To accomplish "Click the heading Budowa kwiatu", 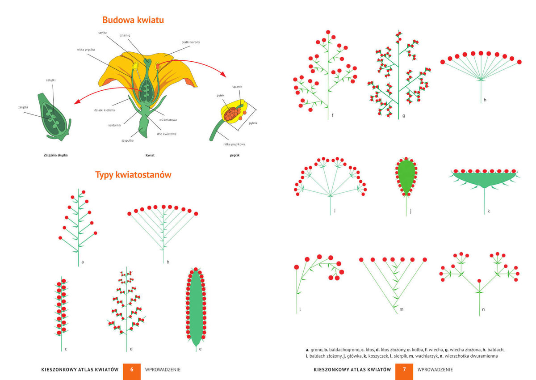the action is tap(133, 20).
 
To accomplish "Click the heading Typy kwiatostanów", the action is tap(133, 175).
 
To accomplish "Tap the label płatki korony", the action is tap(190, 42).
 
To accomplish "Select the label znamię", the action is tap(125, 35).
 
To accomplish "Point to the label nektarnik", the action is tap(114, 125).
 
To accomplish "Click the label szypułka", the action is tap(127, 140).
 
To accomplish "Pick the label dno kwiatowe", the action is tap(167, 134).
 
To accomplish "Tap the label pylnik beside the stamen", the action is tap(253, 123).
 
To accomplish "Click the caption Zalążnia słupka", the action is tap(55, 155).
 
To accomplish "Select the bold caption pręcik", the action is tap(235, 155).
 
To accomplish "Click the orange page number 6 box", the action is tap(132, 372).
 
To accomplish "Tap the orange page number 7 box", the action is tap(404, 372).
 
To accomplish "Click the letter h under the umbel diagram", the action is tap(485, 100).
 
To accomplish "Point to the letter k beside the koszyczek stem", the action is tap(489, 211).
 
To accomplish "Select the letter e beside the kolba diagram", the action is tap(200, 349).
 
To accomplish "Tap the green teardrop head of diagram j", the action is tap(406, 177).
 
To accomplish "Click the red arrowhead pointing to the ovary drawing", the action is tap(76, 102).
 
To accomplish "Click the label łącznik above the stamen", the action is tap(237, 87).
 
